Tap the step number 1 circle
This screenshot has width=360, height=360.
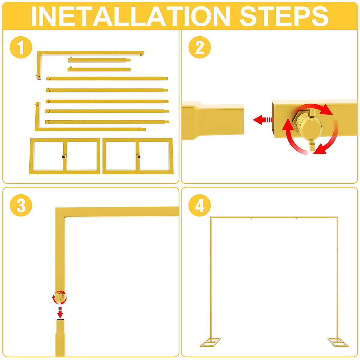21,47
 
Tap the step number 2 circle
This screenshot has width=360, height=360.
199,47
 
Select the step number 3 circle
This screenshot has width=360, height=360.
21,205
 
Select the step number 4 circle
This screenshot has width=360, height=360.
199,205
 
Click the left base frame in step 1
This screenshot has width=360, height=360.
64,156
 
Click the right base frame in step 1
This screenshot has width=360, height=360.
138,156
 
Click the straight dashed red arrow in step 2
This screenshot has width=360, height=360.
262,120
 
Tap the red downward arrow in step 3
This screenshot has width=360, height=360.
60,313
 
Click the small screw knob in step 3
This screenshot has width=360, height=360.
60,297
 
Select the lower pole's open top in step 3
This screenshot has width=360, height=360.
60,321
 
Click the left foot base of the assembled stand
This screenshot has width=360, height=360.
210,342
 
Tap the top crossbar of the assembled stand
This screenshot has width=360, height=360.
274,217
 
